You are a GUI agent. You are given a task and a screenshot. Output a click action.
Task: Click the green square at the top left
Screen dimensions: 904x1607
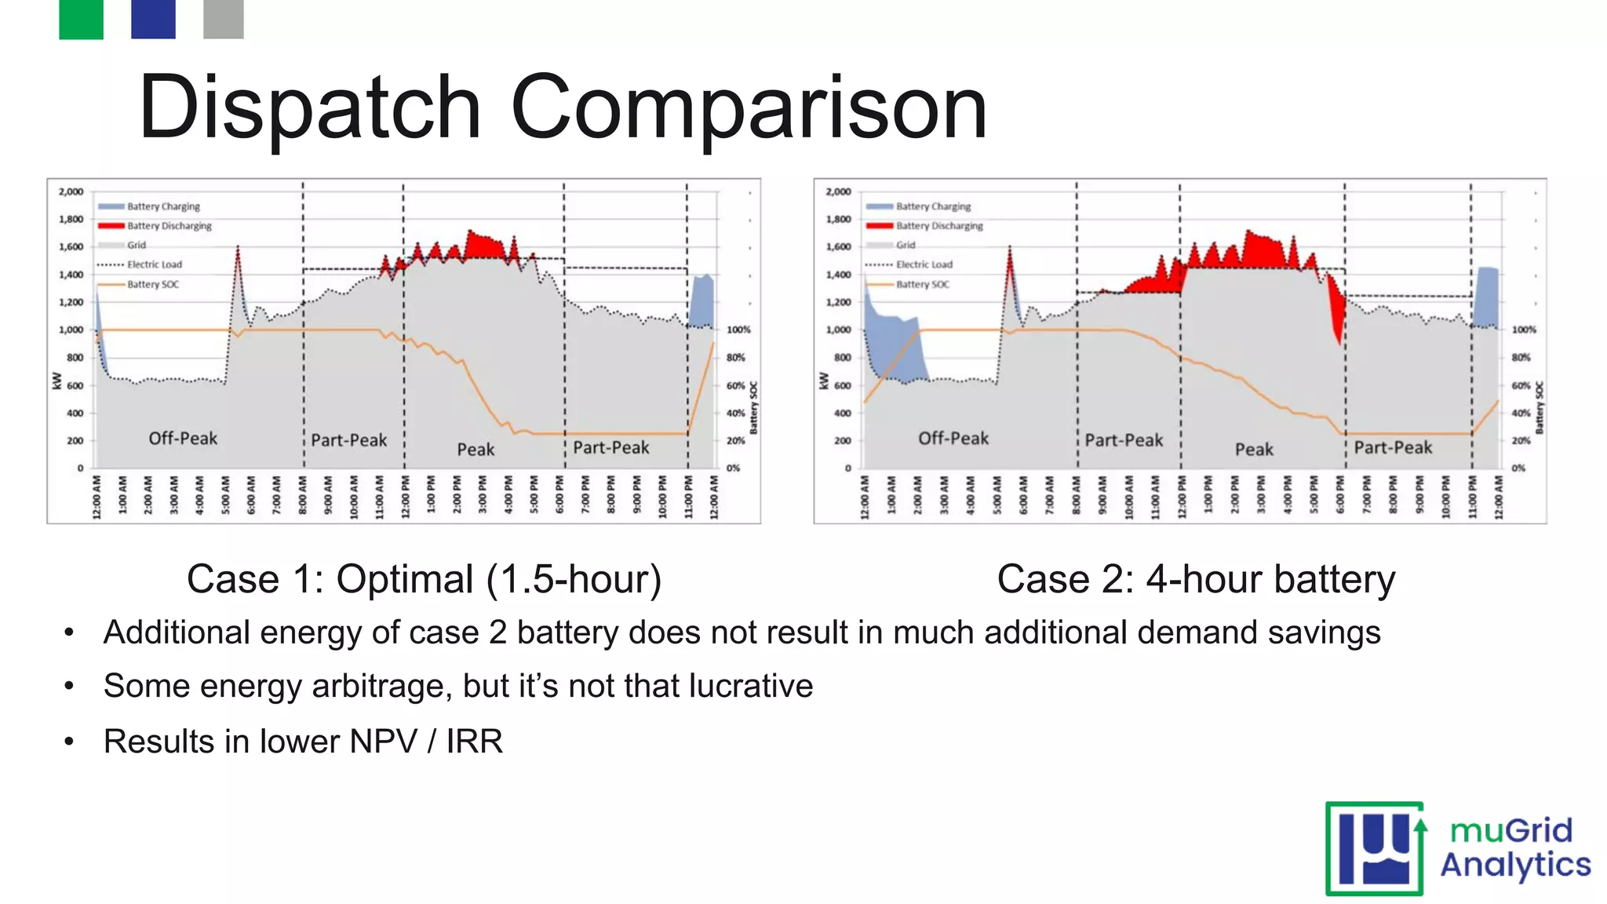(81, 19)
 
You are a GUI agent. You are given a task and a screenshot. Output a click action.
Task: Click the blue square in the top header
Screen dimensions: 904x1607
(153, 19)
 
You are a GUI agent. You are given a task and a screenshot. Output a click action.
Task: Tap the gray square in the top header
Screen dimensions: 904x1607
(223, 19)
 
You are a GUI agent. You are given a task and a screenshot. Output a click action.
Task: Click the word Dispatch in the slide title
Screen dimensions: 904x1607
(309, 108)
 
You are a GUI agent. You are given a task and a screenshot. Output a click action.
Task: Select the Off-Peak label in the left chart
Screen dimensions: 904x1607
(183, 439)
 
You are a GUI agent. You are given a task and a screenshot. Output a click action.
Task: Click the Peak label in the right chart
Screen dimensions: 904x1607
(1254, 450)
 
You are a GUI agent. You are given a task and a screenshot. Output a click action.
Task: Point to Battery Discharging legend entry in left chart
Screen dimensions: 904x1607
(169, 226)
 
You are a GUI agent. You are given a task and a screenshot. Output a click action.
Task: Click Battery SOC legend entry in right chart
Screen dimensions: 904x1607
(922, 284)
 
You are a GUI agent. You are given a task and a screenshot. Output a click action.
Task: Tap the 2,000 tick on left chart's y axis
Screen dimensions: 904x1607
(71, 191)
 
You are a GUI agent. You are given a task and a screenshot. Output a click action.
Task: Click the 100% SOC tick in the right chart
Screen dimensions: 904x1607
(1523, 330)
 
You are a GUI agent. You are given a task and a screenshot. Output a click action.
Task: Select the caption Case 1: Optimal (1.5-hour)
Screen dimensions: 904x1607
(424, 580)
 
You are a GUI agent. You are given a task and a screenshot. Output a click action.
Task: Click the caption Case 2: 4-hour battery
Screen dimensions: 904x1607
(1195, 580)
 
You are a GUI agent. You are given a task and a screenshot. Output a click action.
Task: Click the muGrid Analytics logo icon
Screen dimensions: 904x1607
(1375, 848)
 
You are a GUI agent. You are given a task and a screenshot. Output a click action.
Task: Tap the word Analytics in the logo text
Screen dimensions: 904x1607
(1515, 865)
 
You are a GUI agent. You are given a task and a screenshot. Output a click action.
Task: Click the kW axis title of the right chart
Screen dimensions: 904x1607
(823, 381)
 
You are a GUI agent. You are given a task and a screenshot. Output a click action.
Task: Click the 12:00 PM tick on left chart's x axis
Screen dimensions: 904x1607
(405, 497)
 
